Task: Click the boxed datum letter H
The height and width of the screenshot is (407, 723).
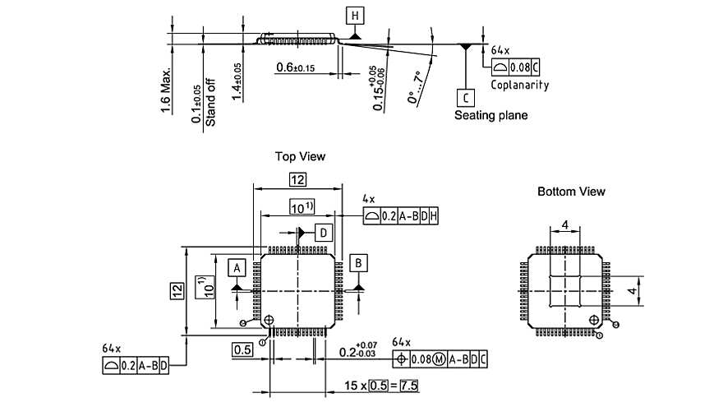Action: (x=354, y=16)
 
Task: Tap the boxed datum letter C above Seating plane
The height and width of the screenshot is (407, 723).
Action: (x=465, y=98)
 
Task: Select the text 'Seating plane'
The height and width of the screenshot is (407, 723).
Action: (x=491, y=116)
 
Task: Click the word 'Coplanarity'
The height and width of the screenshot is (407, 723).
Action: (x=519, y=85)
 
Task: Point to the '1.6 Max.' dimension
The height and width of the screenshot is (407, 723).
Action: (x=167, y=91)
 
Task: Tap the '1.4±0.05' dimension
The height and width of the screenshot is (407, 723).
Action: (x=237, y=81)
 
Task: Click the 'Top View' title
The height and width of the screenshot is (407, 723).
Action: (x=300, y=156)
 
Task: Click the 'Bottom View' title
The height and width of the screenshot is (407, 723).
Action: (x=571, y=192)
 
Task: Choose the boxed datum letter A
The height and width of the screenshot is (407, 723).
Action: (x=237, y=268)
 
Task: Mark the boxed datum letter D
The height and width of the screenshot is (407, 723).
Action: (x=325, y=233)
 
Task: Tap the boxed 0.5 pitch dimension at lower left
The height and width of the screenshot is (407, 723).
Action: (x=242, y=350)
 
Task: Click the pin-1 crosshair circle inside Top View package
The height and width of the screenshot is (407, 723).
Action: (x=270, y=320)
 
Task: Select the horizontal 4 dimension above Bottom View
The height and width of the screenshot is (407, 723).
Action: (x=565, y=224)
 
